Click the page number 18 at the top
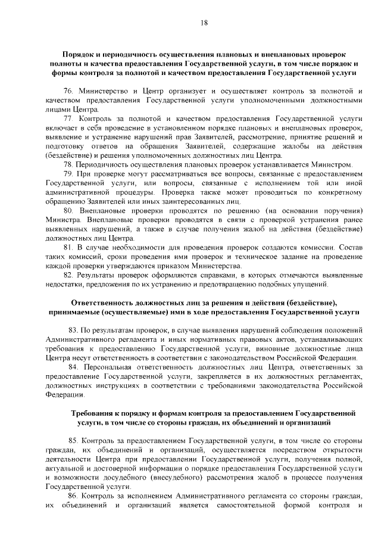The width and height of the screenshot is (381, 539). coord(204,23)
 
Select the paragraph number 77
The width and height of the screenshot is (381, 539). coord(68,119)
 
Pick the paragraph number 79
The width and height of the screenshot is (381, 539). coord(68,174)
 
